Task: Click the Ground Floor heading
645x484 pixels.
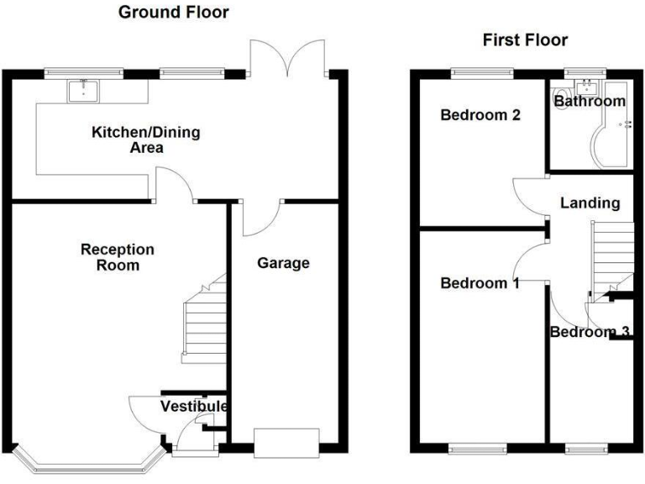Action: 173,12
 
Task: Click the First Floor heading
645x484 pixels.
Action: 525,39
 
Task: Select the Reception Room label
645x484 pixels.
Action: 118,257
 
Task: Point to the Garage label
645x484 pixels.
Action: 283,263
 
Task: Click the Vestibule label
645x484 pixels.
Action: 194,407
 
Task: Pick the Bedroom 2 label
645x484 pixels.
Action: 480,115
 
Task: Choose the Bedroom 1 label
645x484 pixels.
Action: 480,283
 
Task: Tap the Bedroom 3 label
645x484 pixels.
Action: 590,332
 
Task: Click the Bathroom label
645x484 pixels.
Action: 590,102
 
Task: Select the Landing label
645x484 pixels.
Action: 590,203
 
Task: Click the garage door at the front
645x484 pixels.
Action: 286,441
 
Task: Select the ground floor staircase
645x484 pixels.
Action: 205,323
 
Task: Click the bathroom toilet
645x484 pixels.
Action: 562,92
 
